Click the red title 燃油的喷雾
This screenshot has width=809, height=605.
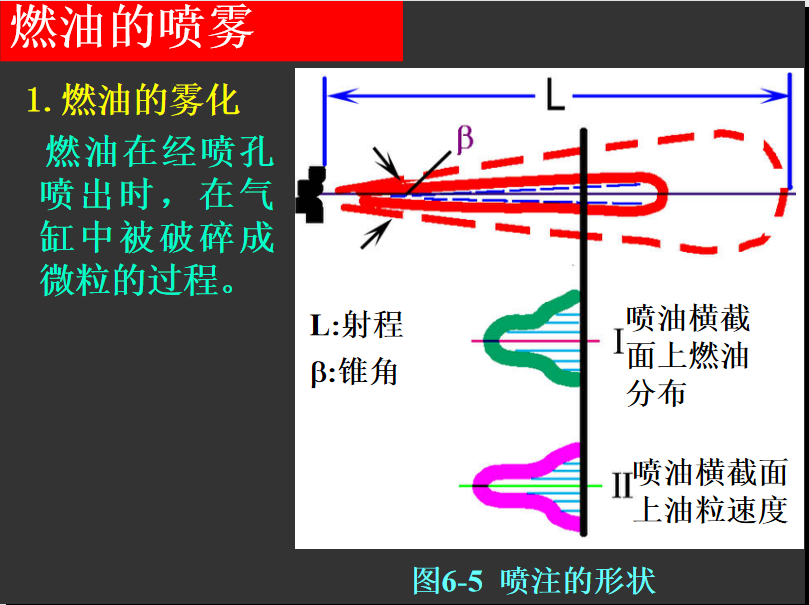click(x=132, y=28)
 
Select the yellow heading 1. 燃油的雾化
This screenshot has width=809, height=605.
click(x=133, y=101)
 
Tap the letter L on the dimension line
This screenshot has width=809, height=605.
click(x=555, y=96)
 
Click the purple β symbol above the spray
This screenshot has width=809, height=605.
click(x=464, y=139)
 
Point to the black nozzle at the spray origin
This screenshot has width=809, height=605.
click(x=310, y=194)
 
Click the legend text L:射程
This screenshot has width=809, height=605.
click(x=356, y=325)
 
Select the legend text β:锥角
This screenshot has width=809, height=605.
click(x=354, y=371)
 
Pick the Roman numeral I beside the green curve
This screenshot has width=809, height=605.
click(x=619, y=340)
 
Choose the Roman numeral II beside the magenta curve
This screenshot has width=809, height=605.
click(x=622, y=485)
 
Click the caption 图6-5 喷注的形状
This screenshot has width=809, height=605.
click(x=534, y=581)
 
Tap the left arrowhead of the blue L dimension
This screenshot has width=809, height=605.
click(x=342, y=96)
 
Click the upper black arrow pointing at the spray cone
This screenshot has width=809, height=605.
click(x=386, y=163)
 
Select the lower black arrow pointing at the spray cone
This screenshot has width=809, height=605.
click(x=376, y=234)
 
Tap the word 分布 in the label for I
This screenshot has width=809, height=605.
click(x=656, y=393)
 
